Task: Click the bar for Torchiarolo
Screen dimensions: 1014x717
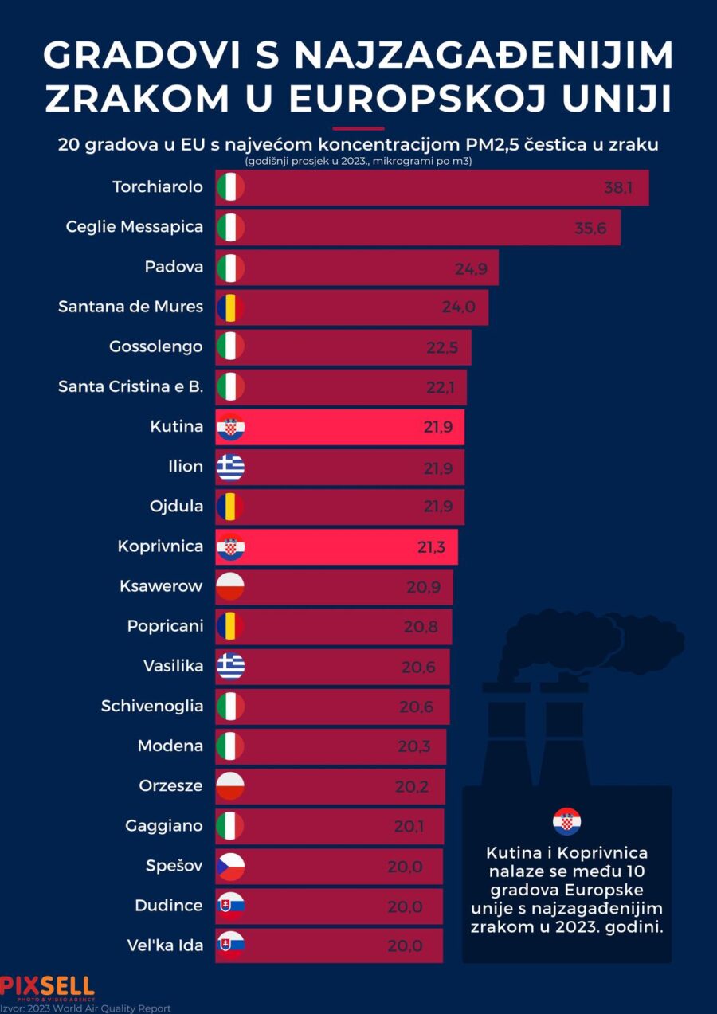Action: tap(430, 188)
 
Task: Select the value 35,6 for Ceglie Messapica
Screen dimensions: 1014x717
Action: tap(590, 228)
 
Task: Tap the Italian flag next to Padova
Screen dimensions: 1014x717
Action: tap(230, 268)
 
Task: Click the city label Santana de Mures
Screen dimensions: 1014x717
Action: tap(131, 307)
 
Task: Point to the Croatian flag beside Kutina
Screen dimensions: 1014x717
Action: tap(230, 428)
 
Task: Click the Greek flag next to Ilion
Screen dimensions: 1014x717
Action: tap(230, 468)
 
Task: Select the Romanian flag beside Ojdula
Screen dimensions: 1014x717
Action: tap(230, 507)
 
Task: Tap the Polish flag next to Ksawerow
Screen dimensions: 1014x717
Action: tap(230, 587)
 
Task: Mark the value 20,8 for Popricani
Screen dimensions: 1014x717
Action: tap(421, 627)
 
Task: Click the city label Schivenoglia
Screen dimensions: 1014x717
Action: tap(152, 706)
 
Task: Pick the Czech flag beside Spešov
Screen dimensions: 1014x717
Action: tap(230, 867)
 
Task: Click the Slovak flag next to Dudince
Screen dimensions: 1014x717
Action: tap(230, 906)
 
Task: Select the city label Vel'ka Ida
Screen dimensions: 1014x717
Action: tap(165, 946)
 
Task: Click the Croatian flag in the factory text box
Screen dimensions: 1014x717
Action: tap(566, 821)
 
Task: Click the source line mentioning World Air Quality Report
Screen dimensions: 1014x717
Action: tap(85, 1008)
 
